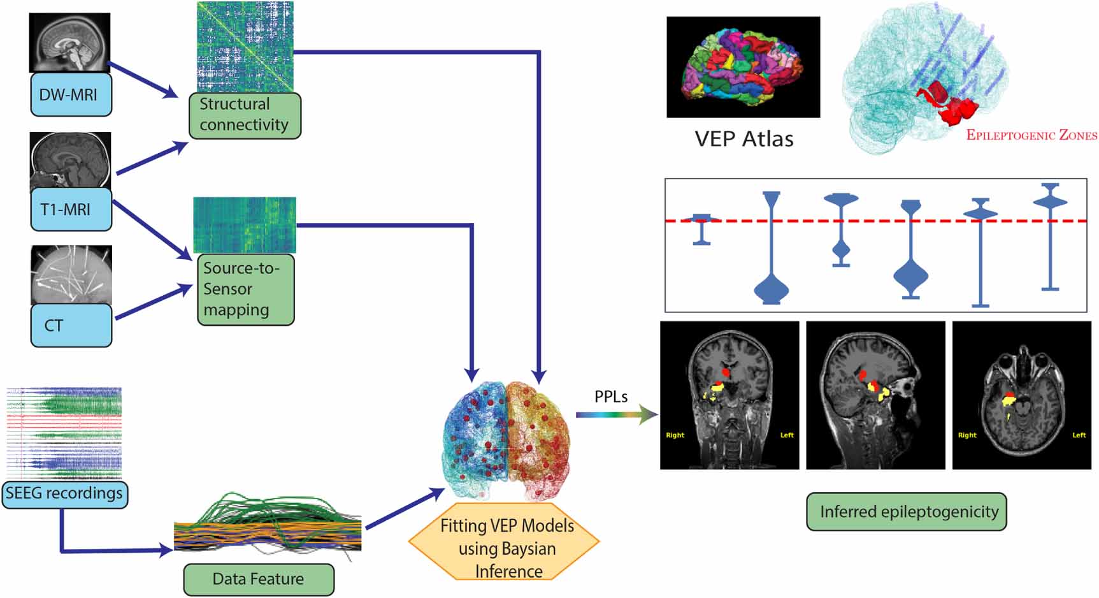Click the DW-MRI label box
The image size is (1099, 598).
tap(71, 94)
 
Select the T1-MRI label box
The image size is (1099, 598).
tap(71, 209)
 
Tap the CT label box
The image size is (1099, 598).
tap(71, 325)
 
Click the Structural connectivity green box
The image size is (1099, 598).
tap(245, 115)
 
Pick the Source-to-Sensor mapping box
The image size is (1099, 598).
tap(245, 289)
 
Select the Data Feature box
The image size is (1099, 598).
tap(259, 579)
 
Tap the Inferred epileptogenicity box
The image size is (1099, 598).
tap(909, 511)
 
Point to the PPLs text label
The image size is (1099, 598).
tap(610, 397)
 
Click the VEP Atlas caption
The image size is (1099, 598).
tap(743, 139)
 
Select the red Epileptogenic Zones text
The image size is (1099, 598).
tap(1031, 135)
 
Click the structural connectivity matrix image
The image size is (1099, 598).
tap(245, 47)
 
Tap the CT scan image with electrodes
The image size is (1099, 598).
tap(71, 275)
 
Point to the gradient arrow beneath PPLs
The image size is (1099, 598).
tap(615, 415)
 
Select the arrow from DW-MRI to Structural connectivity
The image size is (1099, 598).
tap(143, 80)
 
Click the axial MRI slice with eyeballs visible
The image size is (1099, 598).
tap(1021, 395)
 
